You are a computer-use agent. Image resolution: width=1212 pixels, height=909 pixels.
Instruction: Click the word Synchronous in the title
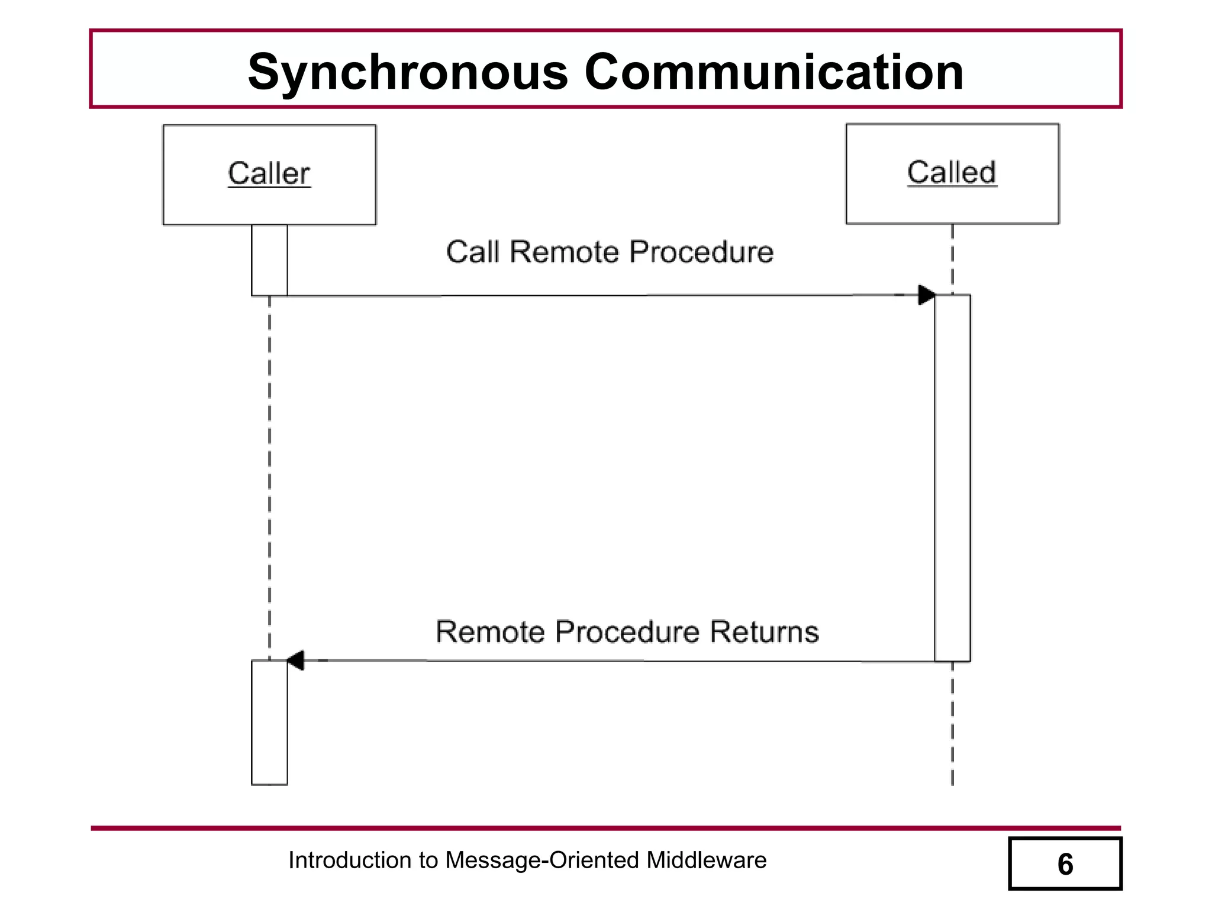(408, 72)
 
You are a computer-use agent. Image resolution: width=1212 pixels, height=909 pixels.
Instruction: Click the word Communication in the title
(774, 72)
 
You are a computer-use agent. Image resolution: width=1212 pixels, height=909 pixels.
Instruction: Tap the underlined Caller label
(269, 173)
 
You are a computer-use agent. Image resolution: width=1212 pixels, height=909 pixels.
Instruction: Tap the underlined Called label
(952, 172)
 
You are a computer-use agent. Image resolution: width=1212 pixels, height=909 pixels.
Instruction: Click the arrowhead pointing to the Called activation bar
(926, 295)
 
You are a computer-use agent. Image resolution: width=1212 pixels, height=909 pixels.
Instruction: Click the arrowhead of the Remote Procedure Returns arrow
(295, 660)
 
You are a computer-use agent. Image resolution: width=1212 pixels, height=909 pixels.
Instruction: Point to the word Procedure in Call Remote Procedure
(701, 252)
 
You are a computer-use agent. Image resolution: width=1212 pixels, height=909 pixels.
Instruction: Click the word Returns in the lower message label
(764, 631)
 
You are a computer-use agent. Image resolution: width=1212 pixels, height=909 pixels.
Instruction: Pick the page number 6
(1065, 864)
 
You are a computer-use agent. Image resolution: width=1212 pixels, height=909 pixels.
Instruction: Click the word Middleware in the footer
(706, 860)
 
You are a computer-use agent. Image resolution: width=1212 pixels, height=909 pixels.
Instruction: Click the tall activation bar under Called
(952, 477)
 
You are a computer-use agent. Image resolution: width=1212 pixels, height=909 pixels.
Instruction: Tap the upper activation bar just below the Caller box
(269, 259)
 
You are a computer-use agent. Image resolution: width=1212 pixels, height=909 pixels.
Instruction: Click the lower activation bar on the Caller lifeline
(269, 722)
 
